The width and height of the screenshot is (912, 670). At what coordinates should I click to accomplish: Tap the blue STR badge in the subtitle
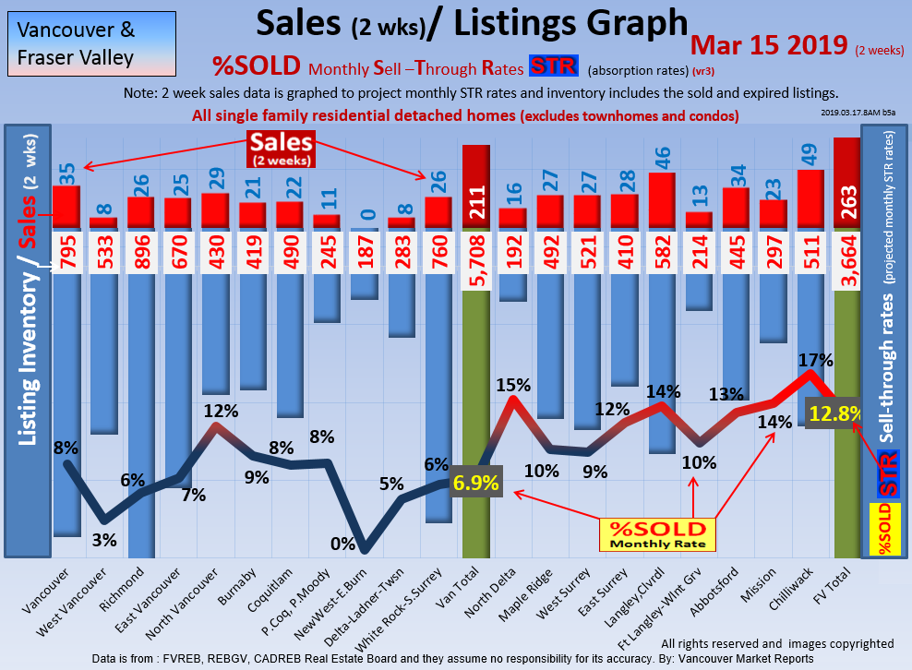553,66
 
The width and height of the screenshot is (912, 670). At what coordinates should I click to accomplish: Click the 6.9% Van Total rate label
476,484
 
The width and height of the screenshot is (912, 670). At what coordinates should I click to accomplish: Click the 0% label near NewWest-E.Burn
342,544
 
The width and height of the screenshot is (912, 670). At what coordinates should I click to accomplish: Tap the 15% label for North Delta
512,383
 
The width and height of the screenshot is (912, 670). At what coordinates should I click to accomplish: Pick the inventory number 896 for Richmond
141,251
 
